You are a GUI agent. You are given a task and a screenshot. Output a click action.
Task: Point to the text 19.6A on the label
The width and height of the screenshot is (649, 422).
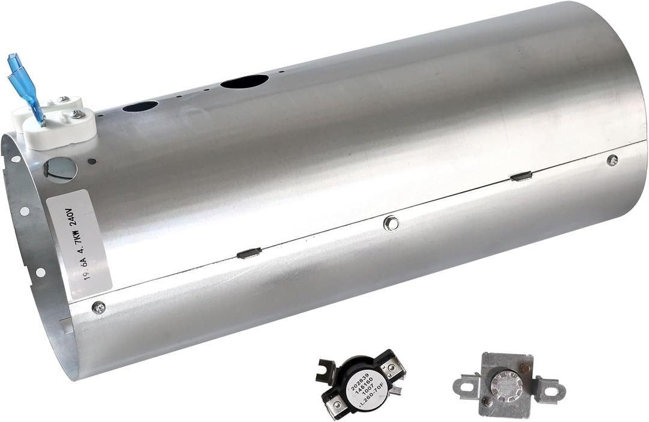coord(89,268)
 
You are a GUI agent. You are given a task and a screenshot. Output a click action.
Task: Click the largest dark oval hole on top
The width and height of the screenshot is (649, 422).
coord(244,81)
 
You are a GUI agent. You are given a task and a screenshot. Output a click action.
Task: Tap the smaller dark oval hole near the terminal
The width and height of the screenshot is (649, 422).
coord(140,106)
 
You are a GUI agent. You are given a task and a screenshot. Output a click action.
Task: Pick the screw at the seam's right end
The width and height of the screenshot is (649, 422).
coord(612,160)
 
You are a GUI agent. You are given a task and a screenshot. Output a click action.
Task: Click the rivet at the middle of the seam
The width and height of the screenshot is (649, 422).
coord(391,223)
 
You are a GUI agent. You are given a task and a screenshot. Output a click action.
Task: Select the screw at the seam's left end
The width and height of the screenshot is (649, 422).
coord(99,307)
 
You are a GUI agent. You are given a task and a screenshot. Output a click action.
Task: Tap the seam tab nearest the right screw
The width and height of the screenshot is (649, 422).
coord(520,176)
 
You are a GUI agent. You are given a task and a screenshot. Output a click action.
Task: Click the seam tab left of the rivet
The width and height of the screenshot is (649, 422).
coord(249,253)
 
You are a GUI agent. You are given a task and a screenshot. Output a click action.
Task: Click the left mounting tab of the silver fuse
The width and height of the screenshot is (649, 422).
coord(466,387)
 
